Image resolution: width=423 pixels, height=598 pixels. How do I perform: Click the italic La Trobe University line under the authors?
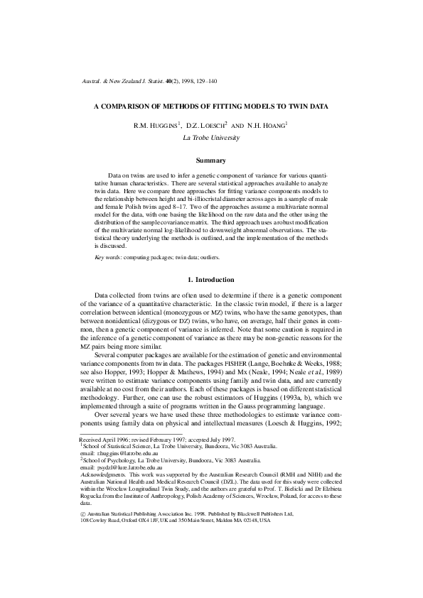point(211,137)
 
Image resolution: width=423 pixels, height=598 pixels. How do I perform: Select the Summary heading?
point(211,161)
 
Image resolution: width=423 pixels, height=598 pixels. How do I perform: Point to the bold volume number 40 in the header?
point(169,83)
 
